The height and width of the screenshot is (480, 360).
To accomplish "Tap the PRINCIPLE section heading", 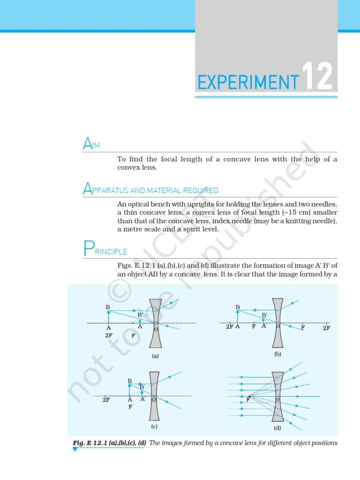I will click(x=105, y=250).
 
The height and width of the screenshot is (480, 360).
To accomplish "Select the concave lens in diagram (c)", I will click(x=154, y=396).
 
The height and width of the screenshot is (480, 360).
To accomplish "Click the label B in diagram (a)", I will click(x=108, y=307).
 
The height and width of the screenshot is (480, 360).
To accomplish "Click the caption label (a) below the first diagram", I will click(x=155, y=356).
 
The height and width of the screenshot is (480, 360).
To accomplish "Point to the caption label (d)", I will click(x=277, y=428).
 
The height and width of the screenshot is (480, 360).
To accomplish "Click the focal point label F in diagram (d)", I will click(x=248, y=399).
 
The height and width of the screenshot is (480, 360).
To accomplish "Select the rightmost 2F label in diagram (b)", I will click(x=326, y=328).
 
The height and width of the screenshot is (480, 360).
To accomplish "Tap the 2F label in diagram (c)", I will click(x=106, y=400).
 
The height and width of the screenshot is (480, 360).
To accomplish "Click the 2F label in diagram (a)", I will click(x=109, y=336).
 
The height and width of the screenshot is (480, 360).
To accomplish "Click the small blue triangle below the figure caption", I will click(x=75, y=450).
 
